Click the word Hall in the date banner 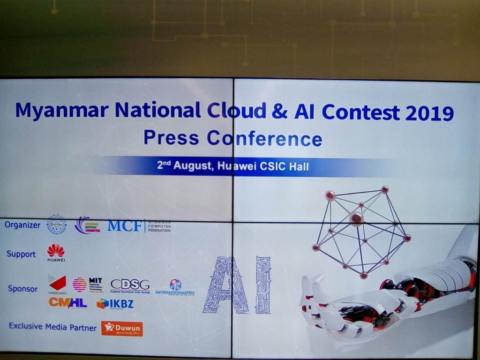[298, 166]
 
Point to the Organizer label [22, 225]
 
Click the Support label [21, 254]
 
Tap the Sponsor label [22, 288]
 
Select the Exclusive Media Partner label [52, 327]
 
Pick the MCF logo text [124, 226]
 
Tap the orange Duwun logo [122, 328]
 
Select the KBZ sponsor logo [115, 304]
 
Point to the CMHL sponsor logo [67, 303]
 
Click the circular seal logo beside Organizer [57, 225]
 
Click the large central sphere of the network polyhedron [356, 218]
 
